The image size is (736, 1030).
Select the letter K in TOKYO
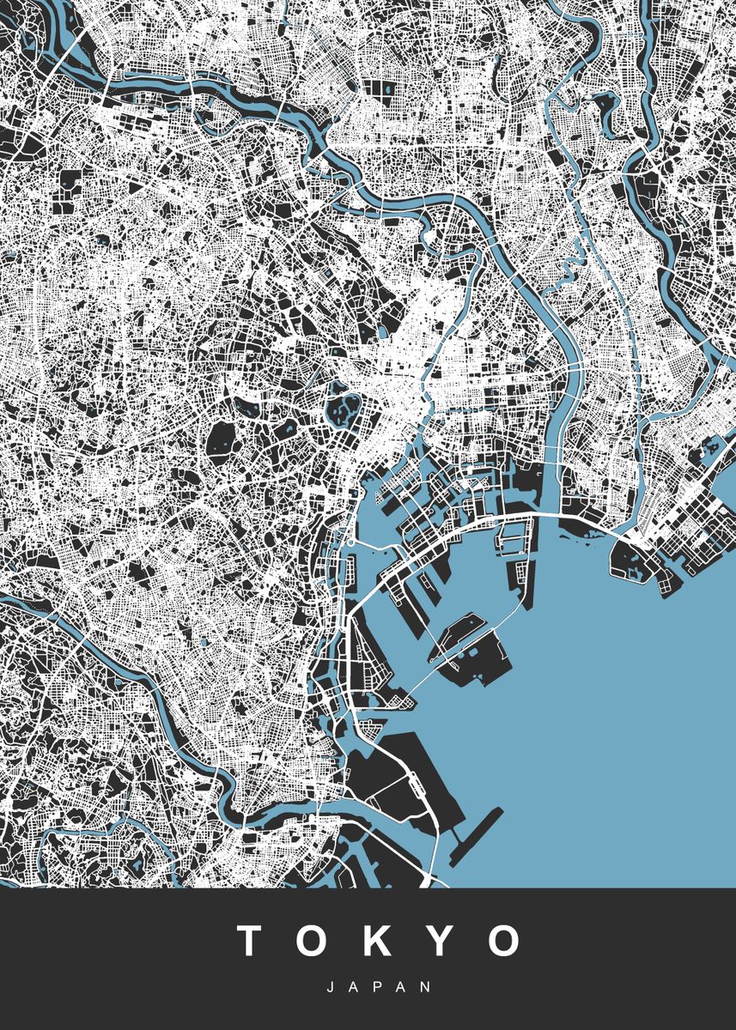pyautogui.click(x=378, y=941)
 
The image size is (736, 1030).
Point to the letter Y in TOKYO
pyautogui.click(x=439, y=941)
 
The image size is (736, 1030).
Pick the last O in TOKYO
pyautogui.click(x=503, y=941)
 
